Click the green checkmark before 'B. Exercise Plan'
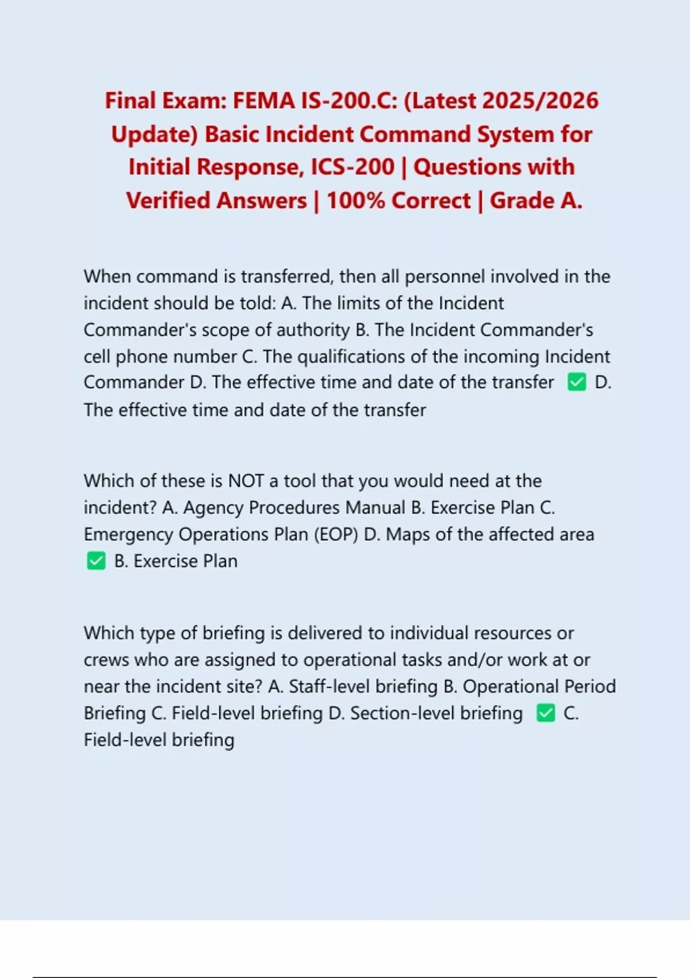[96, 561]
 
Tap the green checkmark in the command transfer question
[576, 383]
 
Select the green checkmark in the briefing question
[546, 713]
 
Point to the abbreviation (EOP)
[336, 534]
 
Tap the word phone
[142, 357]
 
